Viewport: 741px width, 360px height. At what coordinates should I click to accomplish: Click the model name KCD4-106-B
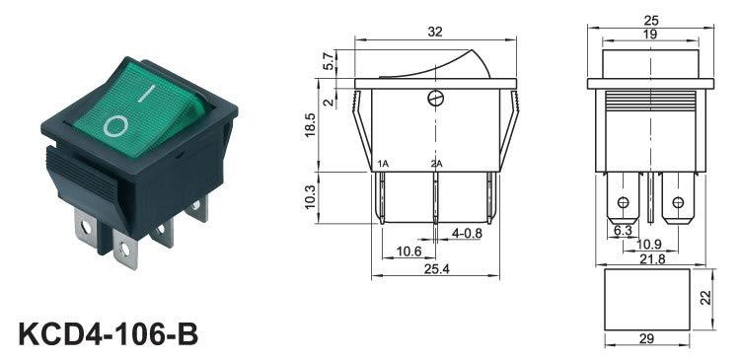tap(109, 333)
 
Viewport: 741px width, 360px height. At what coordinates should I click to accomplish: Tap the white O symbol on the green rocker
tap(115, 125)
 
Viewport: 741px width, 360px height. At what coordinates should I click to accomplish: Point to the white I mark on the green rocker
tap(147, 93)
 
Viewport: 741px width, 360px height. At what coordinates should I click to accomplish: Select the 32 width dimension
tap(435, 32)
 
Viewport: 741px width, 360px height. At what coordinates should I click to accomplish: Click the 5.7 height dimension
tap(330, 61)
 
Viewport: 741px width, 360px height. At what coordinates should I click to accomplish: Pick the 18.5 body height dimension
tap(310, 125)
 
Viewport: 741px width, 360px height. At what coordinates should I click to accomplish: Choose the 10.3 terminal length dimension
tap(310, 197)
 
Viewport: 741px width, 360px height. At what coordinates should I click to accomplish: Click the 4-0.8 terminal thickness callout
tap(467, 233)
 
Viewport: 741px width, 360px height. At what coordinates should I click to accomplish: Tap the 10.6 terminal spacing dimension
tap(408, 252)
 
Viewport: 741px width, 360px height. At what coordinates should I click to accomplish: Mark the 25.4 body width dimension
tap(435, 269)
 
